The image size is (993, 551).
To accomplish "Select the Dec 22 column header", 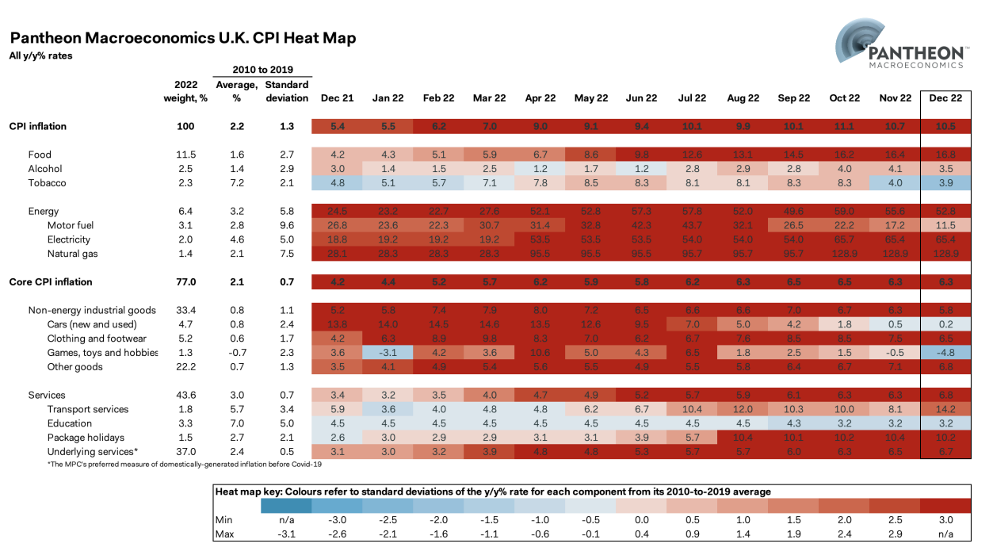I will pos(946,98).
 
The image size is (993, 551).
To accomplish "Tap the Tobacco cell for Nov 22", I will pos(896,183).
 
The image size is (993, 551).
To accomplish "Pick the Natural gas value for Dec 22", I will pos(946,253).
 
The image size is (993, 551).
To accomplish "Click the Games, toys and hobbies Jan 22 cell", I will pos(388,353).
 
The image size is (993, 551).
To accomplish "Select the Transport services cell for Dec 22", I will pos(946,410).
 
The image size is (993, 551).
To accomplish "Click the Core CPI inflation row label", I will pos(51,281).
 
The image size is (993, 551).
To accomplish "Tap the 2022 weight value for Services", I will pos(185,396).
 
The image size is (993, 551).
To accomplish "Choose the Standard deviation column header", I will pos(286,91).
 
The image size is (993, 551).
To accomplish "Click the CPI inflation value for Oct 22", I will pos(845,126).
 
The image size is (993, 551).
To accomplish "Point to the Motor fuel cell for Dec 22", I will pos(946,225).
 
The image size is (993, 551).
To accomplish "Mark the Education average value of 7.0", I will pos(236,424).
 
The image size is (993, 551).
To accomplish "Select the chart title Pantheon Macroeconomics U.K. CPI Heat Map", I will pos(182,38).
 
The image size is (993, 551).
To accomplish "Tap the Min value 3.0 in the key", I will pos(945,519).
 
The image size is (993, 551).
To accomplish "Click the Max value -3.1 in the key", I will pos(286,534).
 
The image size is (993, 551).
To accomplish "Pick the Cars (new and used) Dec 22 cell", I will pos(946,324).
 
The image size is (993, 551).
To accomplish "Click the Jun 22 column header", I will pos(642,98).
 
